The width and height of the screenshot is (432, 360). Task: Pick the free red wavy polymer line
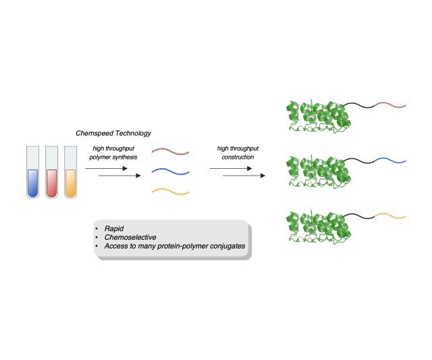click(x=169, y=151)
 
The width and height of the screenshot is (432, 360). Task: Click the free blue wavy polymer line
click(x=169, y=171)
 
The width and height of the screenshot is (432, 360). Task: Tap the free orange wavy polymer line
click(x=169, y=190)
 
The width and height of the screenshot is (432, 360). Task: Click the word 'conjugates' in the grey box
click(x=224, y=247)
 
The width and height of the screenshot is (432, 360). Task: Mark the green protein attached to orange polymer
click(x=317, y=226)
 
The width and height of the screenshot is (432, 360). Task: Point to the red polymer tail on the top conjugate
click(x=389, y=105)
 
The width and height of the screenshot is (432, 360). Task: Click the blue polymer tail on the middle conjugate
click(x=389, y=161)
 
